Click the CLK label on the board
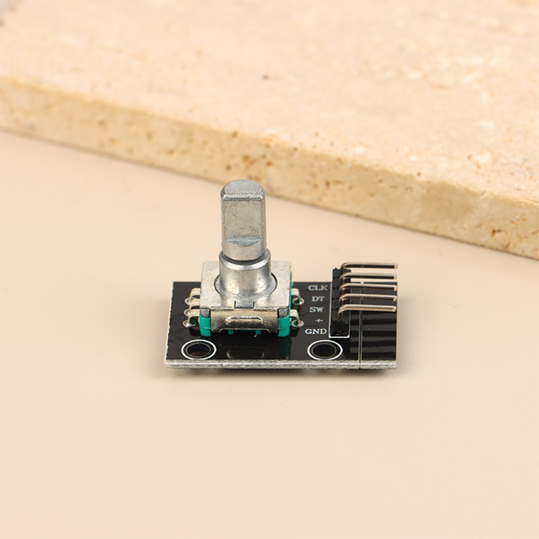coord(318,288)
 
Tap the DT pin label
coord(317,298)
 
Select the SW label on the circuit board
coord(317,310)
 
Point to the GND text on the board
coord(315,331)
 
